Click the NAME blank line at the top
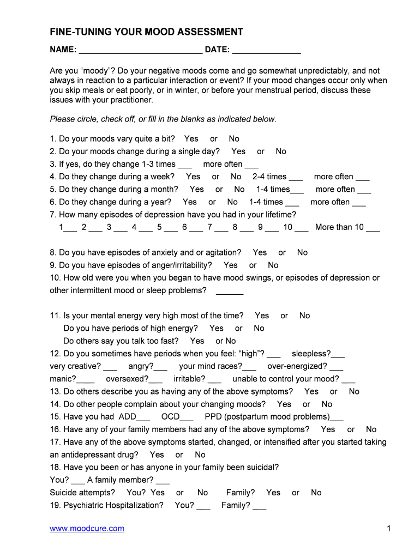coord(141,51)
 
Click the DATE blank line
coord(266,51)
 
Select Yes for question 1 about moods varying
coord(191,139)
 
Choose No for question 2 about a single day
coord(280,151)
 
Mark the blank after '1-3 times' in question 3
coord(185,165)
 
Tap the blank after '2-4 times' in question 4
coord(295,178)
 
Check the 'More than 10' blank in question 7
coord(373,228)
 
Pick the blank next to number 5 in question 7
coord(171,228)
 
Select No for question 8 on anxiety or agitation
coord(302,253)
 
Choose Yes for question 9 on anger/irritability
coord(230,265)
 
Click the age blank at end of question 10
coord(230,292)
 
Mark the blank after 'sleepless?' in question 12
coord(338,355)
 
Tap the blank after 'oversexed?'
coord(155,380)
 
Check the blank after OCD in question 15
coord(187,418)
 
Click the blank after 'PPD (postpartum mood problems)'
coord(337,418)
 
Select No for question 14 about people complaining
coord(326,404)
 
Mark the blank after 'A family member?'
coord(163,481)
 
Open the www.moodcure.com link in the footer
coord(87,529)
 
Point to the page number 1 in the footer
coord(389,529)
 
